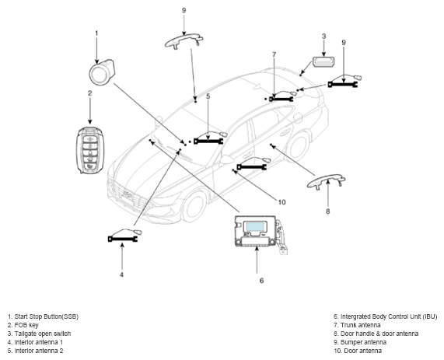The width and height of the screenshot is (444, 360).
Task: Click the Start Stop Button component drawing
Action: click(101, 72)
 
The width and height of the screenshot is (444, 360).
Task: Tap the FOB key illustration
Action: click(90, 150)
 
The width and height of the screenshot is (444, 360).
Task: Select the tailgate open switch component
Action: click(323, 61)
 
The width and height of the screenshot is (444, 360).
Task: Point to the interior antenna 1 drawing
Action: click(124, 236)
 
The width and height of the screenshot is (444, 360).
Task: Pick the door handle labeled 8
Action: click(327, 180)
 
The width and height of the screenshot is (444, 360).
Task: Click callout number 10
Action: click(281, 202)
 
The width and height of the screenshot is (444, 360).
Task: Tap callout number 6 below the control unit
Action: click(261, 281)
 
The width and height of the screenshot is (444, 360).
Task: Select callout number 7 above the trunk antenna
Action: click(274, 54)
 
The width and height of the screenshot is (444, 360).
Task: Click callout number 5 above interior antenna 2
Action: click(208, 96)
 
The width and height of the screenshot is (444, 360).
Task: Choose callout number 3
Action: click(323, 37)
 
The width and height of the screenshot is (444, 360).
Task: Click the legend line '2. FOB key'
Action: click(23, 325)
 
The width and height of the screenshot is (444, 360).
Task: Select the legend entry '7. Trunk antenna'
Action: click(357, 325)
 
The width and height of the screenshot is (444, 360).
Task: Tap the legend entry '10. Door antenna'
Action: click(358, 351)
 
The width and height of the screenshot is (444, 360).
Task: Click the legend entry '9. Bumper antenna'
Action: click(360, 342)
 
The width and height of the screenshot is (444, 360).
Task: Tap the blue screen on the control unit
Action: click(255, 227)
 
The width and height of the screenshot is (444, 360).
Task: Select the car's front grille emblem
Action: click(128, 194)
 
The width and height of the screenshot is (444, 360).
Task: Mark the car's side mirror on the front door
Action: click(225, 159)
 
